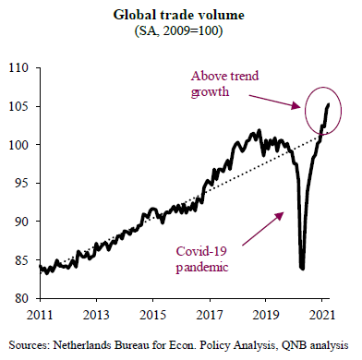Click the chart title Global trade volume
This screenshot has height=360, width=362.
(x=179, y=15)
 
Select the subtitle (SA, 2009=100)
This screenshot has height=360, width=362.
(x=178, y=30)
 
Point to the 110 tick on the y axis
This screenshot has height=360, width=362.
(x=18, y=67)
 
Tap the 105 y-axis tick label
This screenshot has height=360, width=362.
(x=18, y=106)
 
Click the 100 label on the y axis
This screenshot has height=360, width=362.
(x=18, y=145)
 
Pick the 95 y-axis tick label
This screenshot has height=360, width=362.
(x=21, y=183)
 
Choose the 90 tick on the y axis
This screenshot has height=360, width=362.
(x=21, y=222)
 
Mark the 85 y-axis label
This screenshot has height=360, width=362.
(x=21, y=260)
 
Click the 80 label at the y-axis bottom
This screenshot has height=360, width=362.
(x=21, y=298)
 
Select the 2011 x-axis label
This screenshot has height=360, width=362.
(x=40, y=315)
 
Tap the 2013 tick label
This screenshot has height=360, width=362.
(x=96, y=315)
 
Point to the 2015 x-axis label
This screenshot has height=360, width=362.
(x=152, y=315)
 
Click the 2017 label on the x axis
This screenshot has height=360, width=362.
(x=210, y=315)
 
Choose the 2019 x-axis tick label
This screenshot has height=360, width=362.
(x=266, y=315)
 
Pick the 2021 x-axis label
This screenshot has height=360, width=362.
(x=321, y=315)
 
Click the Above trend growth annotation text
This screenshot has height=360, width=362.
(x=224, y=84)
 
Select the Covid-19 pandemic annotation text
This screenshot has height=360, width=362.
(x=202, y=259)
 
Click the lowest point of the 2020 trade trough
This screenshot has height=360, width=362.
(x=303, y=269)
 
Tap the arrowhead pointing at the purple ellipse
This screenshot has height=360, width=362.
(x=296, y=105)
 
